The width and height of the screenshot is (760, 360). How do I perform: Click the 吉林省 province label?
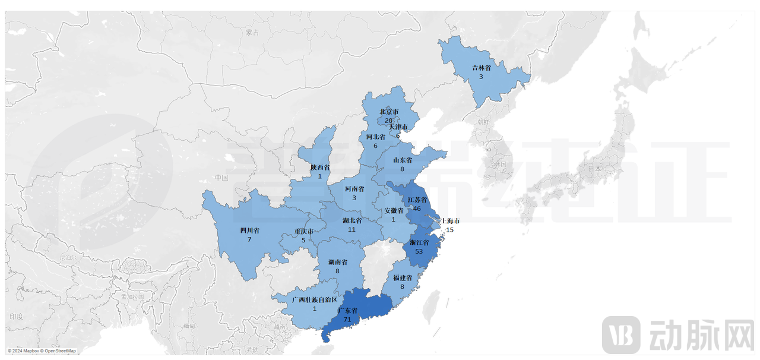coord(482,68)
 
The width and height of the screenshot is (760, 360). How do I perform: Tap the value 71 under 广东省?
coord(347,319)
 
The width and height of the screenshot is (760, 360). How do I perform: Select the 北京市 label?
coord(389,112)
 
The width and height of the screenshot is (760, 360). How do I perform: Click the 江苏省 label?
coord(417,200)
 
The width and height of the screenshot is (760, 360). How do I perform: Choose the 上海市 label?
coord(449,221)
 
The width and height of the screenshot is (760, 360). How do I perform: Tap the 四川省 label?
coord(249,230)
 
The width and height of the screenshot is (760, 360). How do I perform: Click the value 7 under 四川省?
coord(249,239)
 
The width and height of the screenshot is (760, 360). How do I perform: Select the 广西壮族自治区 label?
coord(315,300)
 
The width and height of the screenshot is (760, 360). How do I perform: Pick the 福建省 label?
coord(403,278)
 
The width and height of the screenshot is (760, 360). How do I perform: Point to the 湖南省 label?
coord(337,262)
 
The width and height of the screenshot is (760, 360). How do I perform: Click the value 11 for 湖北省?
coord(352,229)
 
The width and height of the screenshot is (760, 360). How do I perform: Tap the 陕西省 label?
coord(319,168)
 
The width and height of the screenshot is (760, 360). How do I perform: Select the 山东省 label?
coord(402,160)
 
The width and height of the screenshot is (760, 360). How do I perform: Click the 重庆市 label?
coord(303,232)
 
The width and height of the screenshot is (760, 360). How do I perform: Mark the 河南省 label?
coord(354,189)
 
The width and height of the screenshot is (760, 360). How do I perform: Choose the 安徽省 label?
coord(393,211)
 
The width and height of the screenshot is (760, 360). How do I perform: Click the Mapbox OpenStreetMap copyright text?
coord(42,351)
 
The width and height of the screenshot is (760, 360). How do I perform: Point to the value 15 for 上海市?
coord(449,230)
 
